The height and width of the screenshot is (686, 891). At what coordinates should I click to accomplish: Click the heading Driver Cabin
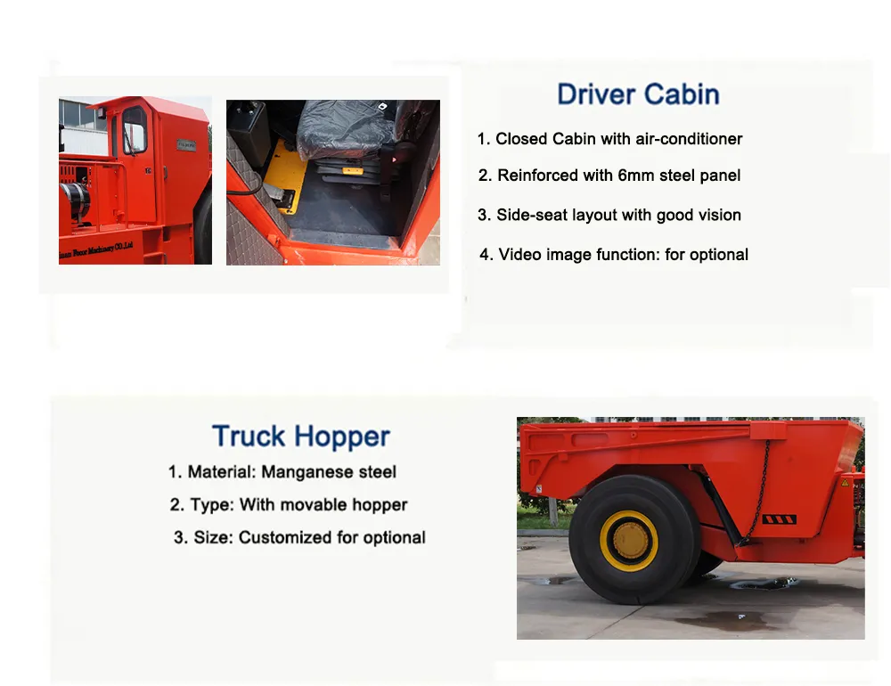point(638,94)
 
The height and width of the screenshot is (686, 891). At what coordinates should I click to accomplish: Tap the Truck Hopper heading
point(300,437)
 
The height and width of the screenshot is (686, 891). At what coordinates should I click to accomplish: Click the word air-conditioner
point(689,139)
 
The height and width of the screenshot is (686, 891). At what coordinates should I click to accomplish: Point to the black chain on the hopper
point(759,490)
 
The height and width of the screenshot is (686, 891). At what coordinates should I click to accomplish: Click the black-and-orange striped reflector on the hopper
point(779,519)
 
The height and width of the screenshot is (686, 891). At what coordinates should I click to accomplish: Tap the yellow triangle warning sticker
point(845,482)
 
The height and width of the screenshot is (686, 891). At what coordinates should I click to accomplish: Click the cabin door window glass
point(135,131)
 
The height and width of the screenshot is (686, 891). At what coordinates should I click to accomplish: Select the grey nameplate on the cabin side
point(185,143)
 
